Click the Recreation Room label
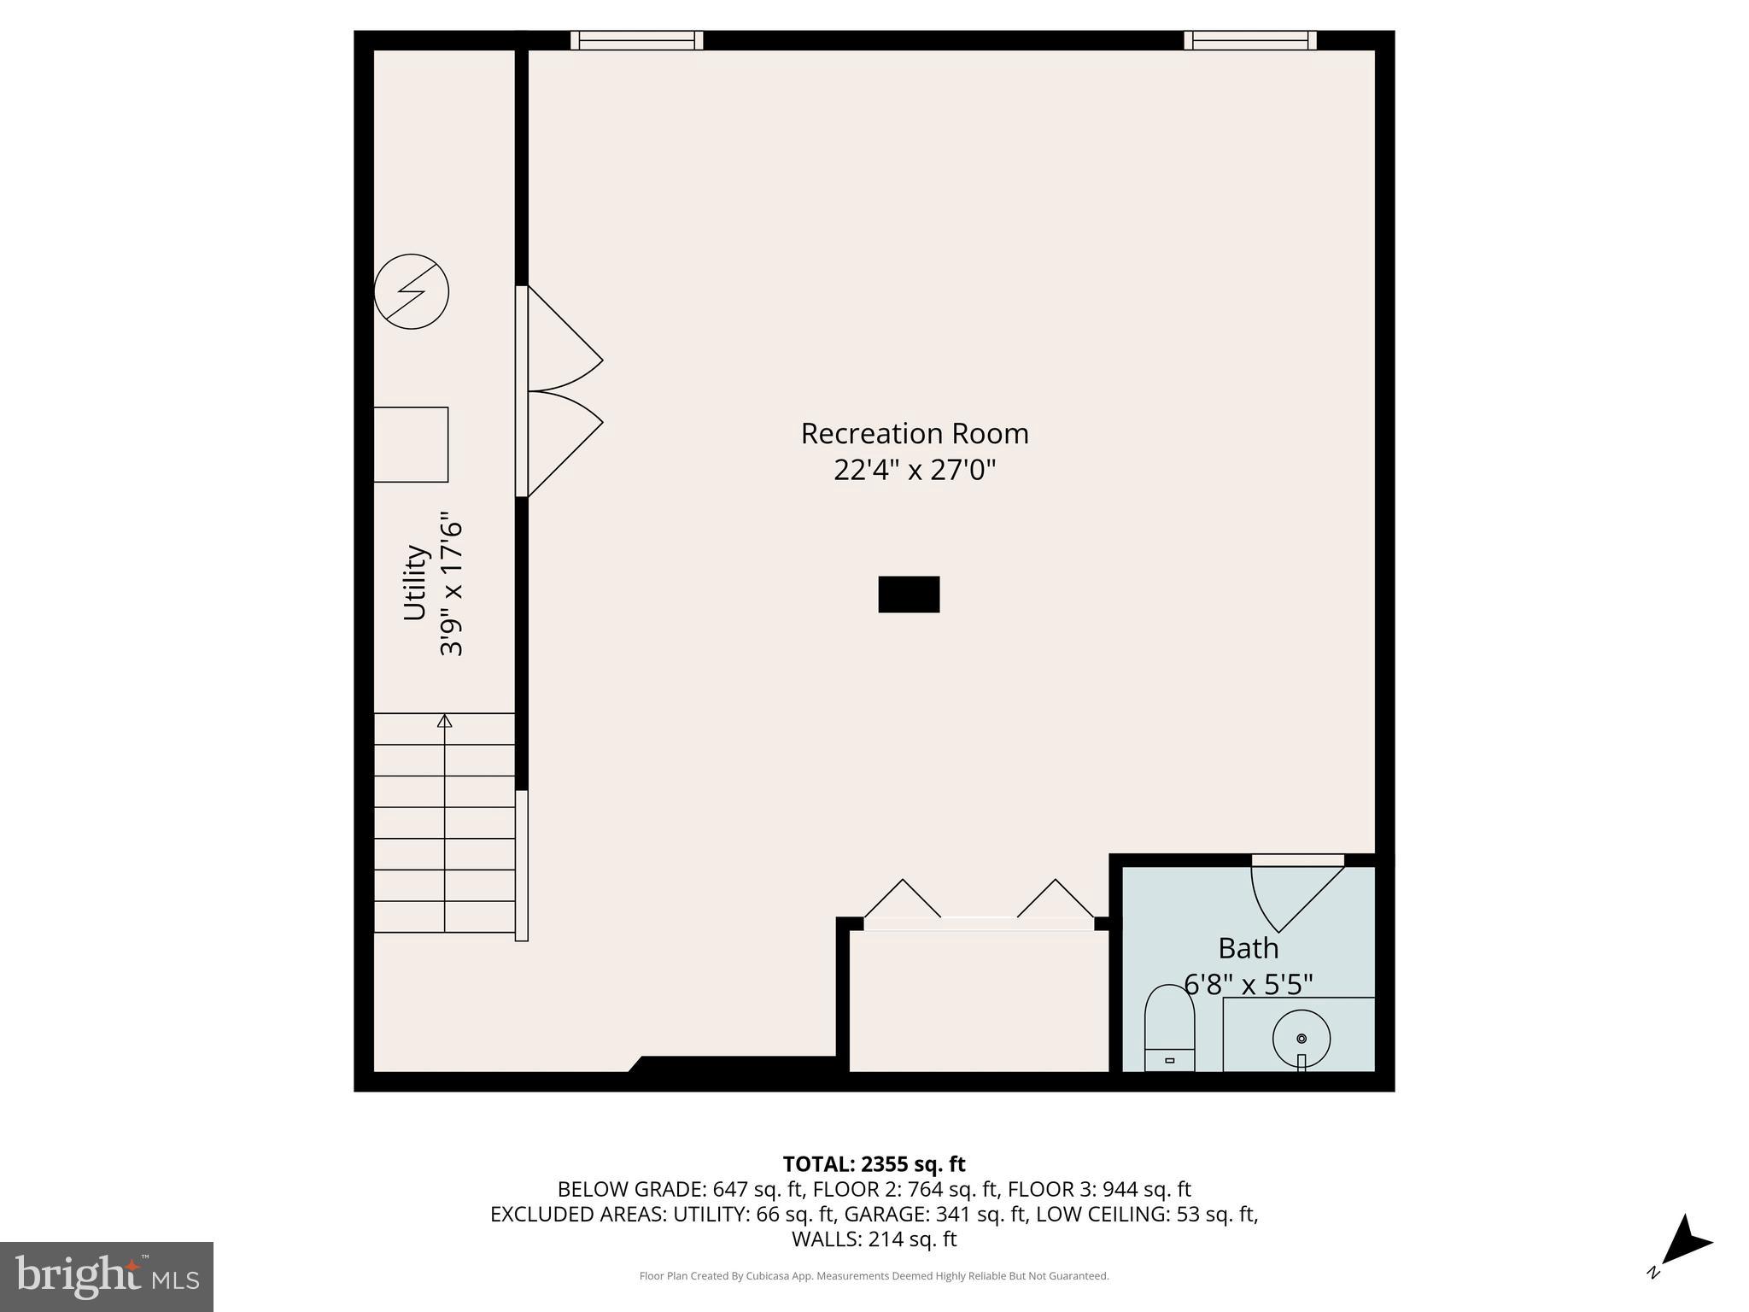click(x=914, y=434)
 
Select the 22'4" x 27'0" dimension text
click(x=914, y=471)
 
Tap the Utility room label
click(x=415, y=583)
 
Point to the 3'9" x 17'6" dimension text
click(x=451, y=584)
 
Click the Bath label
click(x=1248, y=949)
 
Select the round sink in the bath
click(x=1301, y=1039)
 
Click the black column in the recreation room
click(x=909, y=594)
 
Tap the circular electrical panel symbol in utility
click(x=412, y=291)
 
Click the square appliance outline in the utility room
click(x=411, y=444)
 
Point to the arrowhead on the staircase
click(x=444, y=722)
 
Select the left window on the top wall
click(x=636, y=40)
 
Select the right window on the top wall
click(x=1249, y=40)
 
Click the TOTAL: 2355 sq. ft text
click(x=874, y=1164)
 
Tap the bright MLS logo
click(x=107, y=1276)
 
